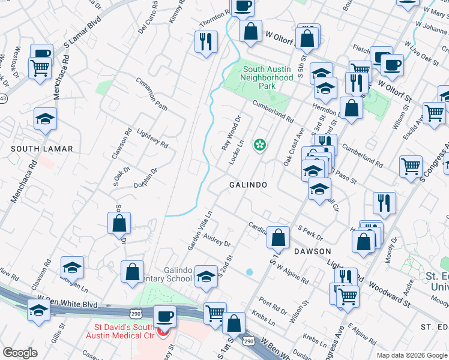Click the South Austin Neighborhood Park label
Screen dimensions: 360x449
[x=267, y=77]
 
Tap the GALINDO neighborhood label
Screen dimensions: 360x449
[x=248, y=185]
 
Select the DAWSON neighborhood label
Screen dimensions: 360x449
[x=312, y=251]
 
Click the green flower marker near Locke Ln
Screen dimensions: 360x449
[x=260, y=144]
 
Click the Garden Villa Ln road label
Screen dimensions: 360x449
[x=200, y=230]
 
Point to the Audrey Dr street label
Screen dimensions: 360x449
[x=217, y=240]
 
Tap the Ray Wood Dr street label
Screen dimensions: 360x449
[x=231, y=134]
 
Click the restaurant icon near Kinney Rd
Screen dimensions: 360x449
[x=205, y=41]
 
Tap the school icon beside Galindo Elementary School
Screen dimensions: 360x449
[x=206, y=275]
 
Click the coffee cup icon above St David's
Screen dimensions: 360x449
[x=164, y=316]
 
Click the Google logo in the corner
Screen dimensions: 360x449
[x=20, y=352]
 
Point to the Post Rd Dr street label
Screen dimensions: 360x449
[x=273, y=305]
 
